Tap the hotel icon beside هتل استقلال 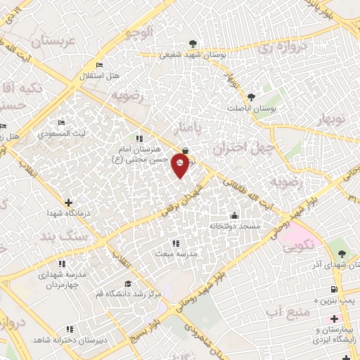(x=99, y=65)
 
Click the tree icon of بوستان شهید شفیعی (x=193, y=44)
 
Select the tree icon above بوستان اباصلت (x=251, y=97)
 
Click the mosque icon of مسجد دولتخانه (x=234, y=215)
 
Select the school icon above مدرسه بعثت (x=175, y=243)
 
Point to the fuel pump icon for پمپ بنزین (x=333, y=289)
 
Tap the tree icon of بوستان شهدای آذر (x=342, y=252)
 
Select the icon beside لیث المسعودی (x=61, y=123)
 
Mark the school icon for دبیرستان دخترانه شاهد (x=69, y=328)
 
